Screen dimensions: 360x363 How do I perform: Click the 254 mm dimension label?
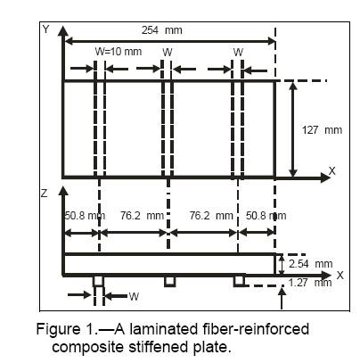point(162,30)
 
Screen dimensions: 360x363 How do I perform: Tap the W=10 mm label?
point(119,52)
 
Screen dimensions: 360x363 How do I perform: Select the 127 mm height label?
point(322,130)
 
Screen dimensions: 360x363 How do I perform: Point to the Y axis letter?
point(45,29)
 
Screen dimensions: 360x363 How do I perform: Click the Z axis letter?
point(44,194)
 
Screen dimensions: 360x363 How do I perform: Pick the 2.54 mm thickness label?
point(310,264)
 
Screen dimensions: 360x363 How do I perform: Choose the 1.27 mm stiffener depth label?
point(310,283)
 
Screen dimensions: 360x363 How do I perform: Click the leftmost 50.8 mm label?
point(85,215)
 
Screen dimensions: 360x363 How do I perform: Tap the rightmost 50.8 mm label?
point(266,215)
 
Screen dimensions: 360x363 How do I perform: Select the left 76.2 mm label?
point(142,215)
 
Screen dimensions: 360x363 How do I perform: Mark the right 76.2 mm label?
point(211,215)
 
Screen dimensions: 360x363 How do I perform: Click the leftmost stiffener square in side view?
point(98,281)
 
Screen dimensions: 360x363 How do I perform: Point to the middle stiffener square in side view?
point(169,281)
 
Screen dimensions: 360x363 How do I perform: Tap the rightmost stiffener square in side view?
point(239,281)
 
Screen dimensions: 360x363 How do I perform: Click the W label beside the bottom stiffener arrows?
point(134,296)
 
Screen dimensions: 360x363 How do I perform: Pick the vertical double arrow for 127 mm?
point(293,129)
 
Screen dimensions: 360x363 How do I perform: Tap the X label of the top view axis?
point(331,170)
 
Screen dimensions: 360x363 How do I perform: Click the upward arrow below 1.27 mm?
point(282,299)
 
